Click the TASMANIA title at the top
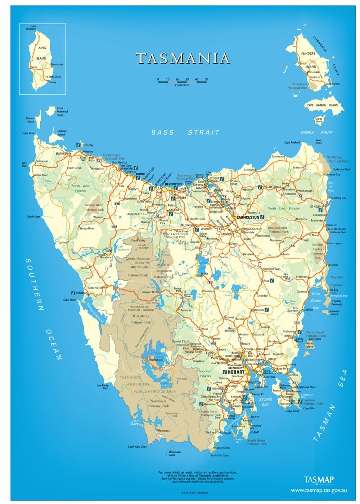pyautogui.click(x=183, y=59)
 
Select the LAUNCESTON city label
pyautogui.click(x=247, y=218)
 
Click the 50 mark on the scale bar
pyautogui.click(x=206, y=79)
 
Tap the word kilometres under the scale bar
pyautogui.click(x=182, y=85)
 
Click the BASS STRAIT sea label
pyautogui.click(x=185, y=132)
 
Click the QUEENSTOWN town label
pyautogui.click(x=97, y=287)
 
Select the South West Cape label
pyautogui.click(x=137, y=447)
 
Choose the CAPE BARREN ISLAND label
pyautogui.click(x=322, y=105)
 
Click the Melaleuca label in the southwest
pyautogui.click(x=163, y=430)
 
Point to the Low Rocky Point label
pyautogui.click(x=102, y=386)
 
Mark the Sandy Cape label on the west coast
pyautogui.click(x=33, y=217)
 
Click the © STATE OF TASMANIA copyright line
pyautogui.click(x=194, y=492)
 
